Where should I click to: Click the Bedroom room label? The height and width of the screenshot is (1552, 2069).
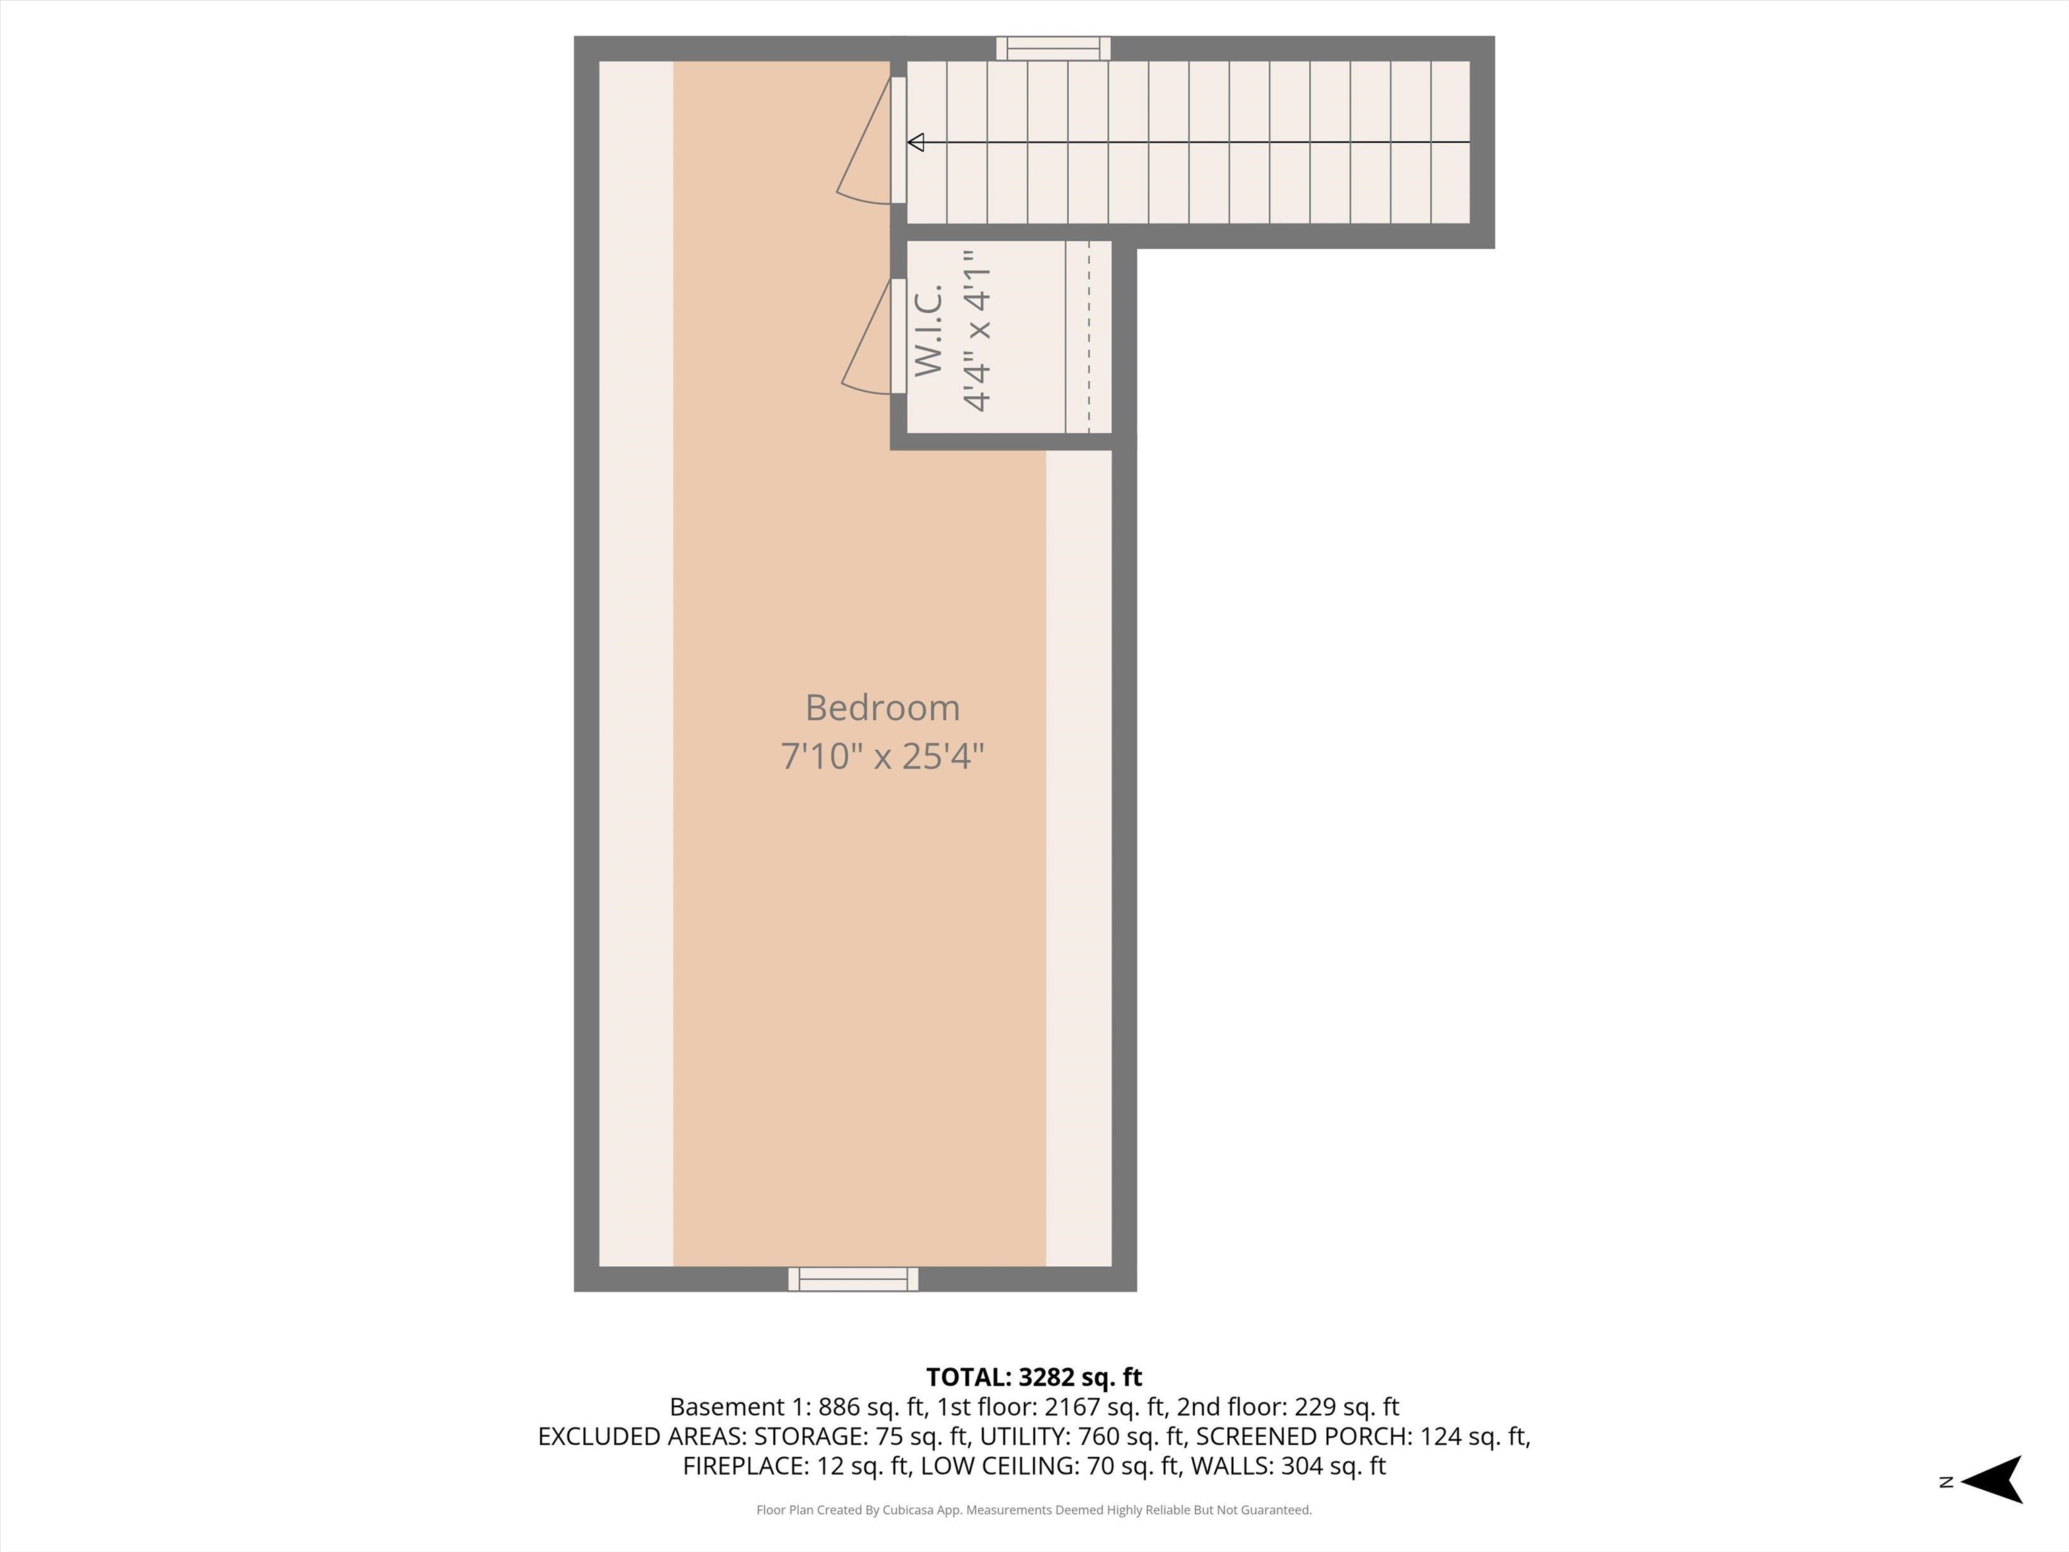[x=882, y=708]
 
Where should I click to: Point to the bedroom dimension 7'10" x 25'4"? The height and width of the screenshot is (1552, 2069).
[x=882, y=756]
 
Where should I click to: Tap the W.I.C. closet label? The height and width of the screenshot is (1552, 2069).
[x=929, y=332]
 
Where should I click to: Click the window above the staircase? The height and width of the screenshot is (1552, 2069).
[x=1053, y=48]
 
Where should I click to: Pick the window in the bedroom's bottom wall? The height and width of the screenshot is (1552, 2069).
[x=853, y=1279]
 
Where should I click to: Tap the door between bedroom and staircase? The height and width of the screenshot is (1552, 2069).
[x=897, y=140]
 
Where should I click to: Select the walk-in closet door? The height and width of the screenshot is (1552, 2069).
[x=897, y=336]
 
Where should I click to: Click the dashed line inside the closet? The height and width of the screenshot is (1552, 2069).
[x=1089, y=337]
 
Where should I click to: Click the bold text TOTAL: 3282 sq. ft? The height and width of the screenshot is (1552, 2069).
[x=1034, y=1377]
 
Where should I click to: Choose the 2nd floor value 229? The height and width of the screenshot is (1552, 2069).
[x=1313, y=1407]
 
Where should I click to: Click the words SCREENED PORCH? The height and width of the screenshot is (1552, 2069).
[x=1300, y=1436]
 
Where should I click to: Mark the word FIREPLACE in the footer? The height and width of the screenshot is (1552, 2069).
[x=744, y=1466]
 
